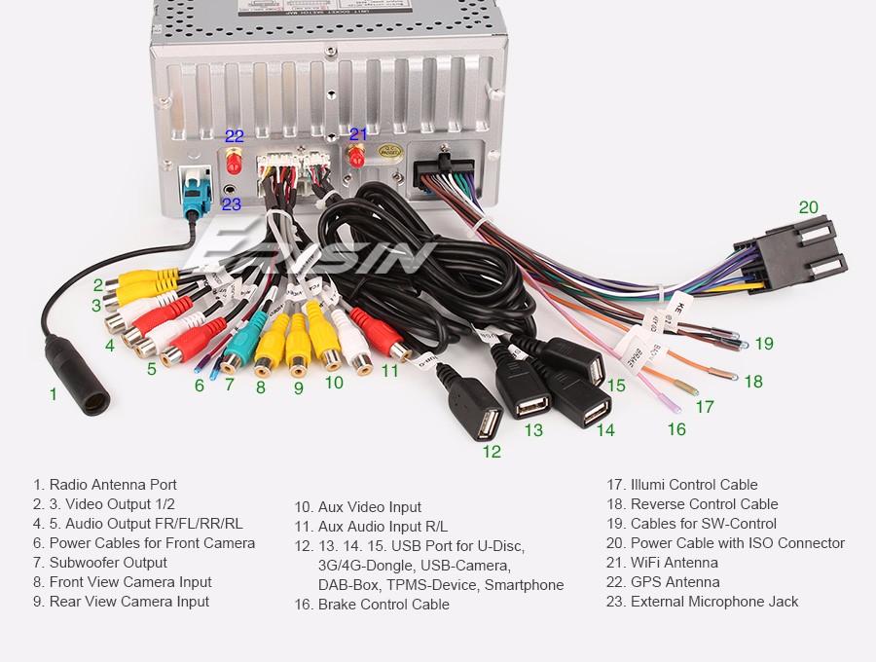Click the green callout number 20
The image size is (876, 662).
(809, 206)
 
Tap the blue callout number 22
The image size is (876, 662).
(235, 136)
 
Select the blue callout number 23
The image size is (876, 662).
(231, 203)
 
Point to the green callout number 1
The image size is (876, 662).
(54, 394)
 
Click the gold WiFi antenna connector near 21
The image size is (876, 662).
(357, 155)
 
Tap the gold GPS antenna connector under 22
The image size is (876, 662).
(235, 158)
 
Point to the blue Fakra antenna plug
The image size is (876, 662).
(196, 194)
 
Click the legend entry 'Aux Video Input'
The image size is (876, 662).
(357, 507)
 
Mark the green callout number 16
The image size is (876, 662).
(676, 429)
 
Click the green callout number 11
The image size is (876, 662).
(390, 371)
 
